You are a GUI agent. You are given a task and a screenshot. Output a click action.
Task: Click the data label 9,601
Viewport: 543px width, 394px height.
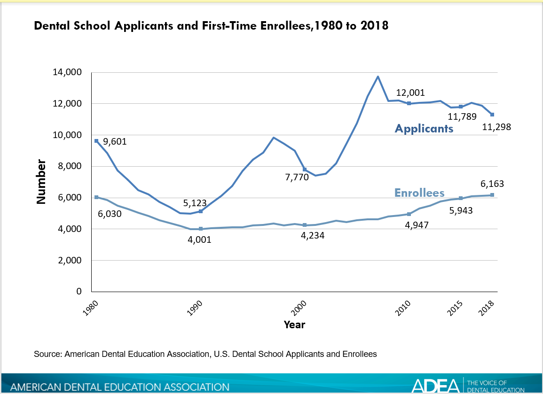pos(115,141)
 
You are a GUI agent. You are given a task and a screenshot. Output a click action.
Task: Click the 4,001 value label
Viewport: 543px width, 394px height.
pos(199,239)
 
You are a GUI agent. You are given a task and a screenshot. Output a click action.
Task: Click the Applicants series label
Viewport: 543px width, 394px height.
pos(424,128)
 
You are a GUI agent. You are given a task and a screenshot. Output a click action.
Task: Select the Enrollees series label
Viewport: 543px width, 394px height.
pos(419,193)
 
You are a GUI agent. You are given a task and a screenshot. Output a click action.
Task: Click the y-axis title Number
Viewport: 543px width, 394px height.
pos(41,182)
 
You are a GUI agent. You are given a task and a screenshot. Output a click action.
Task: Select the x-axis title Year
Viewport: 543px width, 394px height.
pos(294,324)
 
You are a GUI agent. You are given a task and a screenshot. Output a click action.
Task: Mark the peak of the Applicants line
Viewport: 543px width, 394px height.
pos(378,77)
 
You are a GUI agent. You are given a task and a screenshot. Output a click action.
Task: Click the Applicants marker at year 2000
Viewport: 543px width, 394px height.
pos(305,170)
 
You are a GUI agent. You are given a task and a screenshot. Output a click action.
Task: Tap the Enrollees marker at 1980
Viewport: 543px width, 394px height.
pos(96,197)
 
